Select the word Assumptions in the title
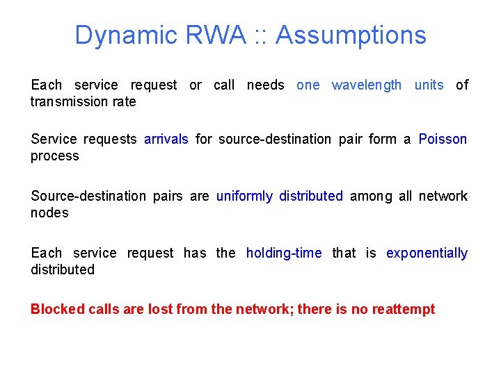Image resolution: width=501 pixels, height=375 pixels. [x=351, y=35]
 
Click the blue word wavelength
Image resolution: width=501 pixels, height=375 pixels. [x=367, y=85]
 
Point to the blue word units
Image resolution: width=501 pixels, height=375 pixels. [x=429, y=85]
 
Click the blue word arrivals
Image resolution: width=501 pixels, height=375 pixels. [x=166, y=140]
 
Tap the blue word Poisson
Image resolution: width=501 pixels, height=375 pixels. [x=443, y=140]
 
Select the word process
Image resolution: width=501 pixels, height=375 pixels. [x=55, y=157]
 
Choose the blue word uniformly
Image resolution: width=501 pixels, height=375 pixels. [x=244, y=197]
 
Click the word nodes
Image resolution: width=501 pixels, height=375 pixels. [x=49, y=213]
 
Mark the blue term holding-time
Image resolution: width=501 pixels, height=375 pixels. [x=284, y=253]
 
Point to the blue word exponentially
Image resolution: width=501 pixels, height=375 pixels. [x=427, y=253]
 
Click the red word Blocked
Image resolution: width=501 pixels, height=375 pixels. [x=58, y=309]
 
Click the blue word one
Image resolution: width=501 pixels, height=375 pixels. [x=308, y=85]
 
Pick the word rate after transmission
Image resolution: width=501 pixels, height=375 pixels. [x=124, y=102]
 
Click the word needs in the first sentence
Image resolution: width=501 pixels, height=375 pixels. [x=266, y=85]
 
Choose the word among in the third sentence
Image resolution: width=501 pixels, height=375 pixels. [x=372, y=197]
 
